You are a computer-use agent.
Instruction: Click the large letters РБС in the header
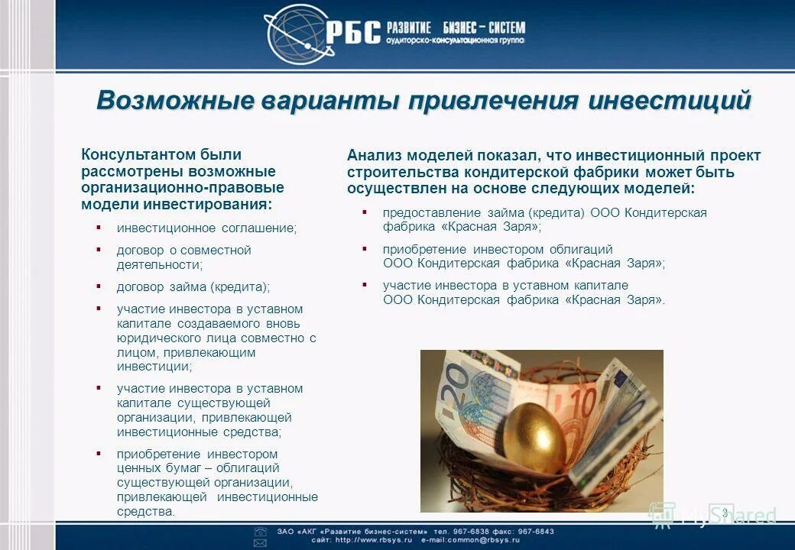tap(352, 33)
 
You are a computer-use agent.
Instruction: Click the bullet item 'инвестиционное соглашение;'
tap(206, 228)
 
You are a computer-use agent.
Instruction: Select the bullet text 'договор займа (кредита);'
tap(193, 287)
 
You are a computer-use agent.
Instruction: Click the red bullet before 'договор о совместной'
tap(99, 249)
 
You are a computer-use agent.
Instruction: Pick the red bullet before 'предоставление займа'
tap(365, 212)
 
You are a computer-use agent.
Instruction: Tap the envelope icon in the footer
tap(261, 542)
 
